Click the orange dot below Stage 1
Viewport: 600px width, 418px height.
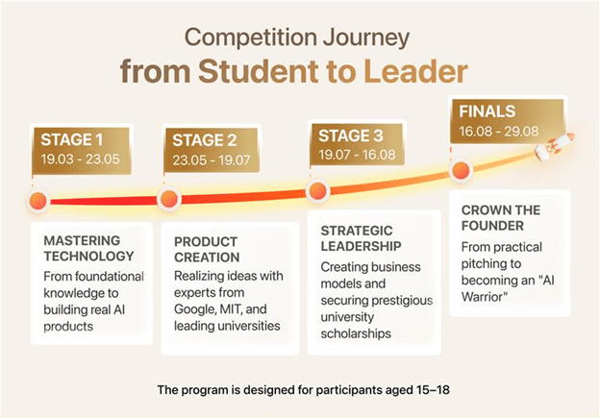38,202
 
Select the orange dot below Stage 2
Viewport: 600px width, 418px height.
169,200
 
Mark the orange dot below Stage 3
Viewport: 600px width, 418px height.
313,190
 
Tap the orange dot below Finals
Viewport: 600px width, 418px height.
461,171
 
